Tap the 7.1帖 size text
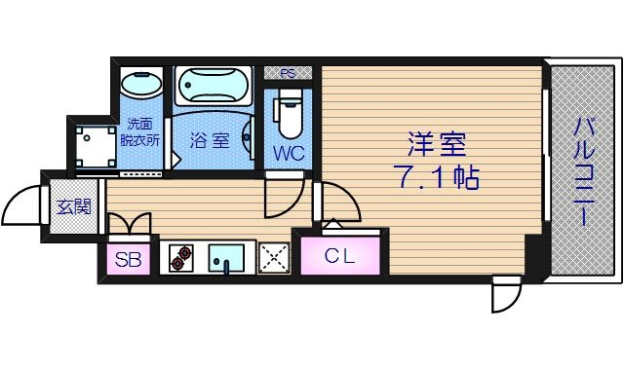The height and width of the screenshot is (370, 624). pyautogui.click(x=436, y=178)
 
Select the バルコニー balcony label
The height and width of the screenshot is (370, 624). pyautogui.click(x=583, y=171)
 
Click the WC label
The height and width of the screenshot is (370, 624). pyautogui.click(x=289, y=153)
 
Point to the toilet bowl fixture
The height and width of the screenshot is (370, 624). pyautogui.click(x=290, y=112)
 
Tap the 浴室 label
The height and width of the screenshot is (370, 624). pyautogui.click(x=209, y=140)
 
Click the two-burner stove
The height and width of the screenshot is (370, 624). pyautogui.click(x=181, y=258)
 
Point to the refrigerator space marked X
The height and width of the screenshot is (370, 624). pyautogui.click(x=274, y=258)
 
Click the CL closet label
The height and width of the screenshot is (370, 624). pyautogui.click(x=340, y=257)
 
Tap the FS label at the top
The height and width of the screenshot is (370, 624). pyautogui.click(x=289, y=72)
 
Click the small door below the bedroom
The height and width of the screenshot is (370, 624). pyautogui.click(x=506, y=293)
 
